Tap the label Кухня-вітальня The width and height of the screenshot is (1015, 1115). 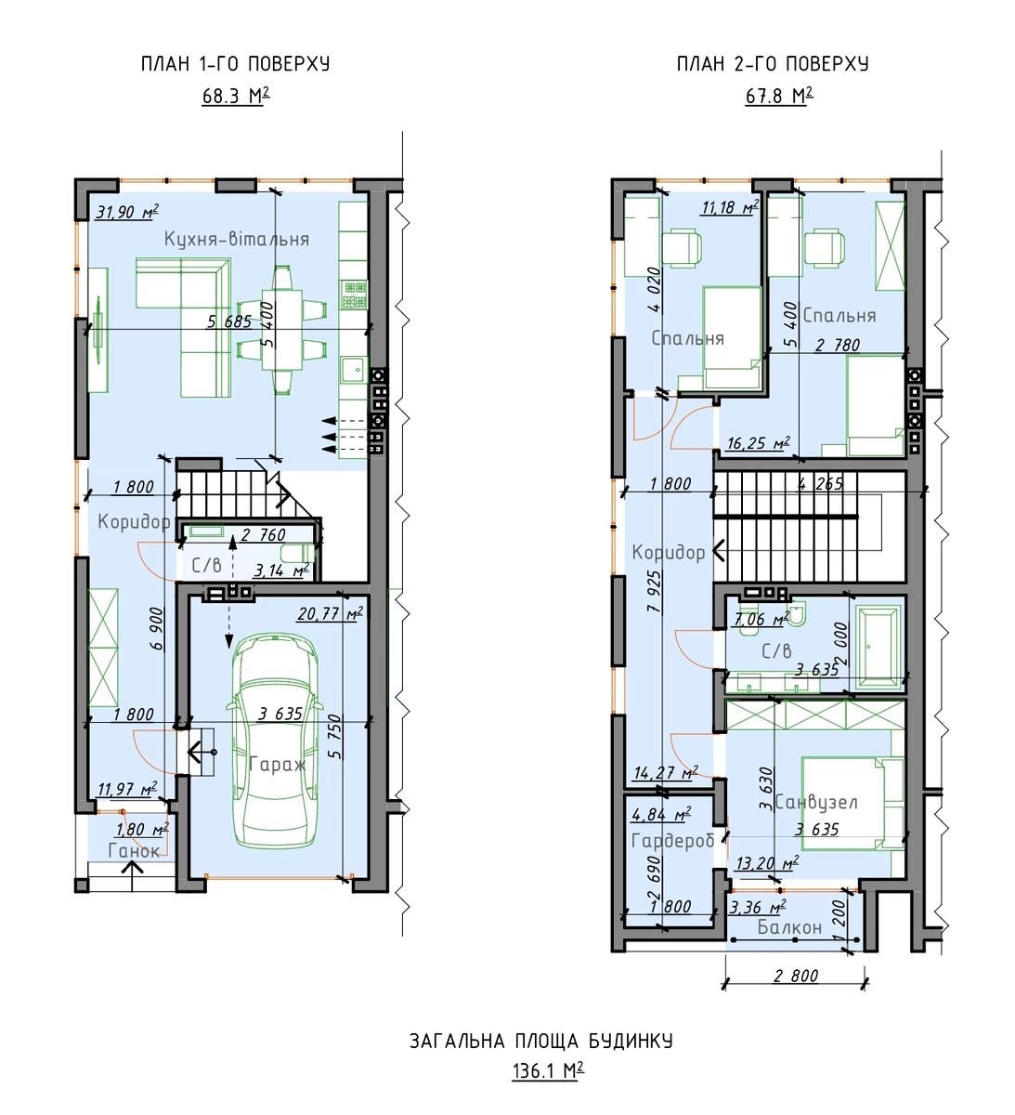[x=237, y=239]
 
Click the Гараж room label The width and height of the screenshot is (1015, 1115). [x=277, y=765]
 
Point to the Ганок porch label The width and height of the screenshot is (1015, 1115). [x=134, y=851]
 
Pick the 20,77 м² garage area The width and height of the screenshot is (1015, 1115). [x=330, y=613]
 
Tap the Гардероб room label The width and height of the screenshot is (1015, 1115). [x=672, y=841]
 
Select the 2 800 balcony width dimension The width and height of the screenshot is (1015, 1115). [x=796, y=976]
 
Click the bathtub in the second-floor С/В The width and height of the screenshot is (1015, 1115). [x=878, y=647]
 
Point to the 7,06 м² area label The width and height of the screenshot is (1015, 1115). [x=762, y=619]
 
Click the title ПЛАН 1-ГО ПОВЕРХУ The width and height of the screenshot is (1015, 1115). [x=236, y=64]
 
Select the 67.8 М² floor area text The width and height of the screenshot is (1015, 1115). [x=779, y=96]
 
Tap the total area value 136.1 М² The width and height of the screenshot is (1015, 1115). [x=548, y=1070]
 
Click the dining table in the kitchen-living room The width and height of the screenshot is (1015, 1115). [x=281, y=330]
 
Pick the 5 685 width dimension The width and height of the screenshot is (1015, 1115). [x=229, y=321]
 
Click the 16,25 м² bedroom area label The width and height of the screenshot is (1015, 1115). [x=759, y=443]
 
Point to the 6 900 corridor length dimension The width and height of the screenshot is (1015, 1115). [x=158, y=629]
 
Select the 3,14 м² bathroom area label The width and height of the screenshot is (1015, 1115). [x=281, y=571]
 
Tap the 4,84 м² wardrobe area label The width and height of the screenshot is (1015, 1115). [x=661, y=814]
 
